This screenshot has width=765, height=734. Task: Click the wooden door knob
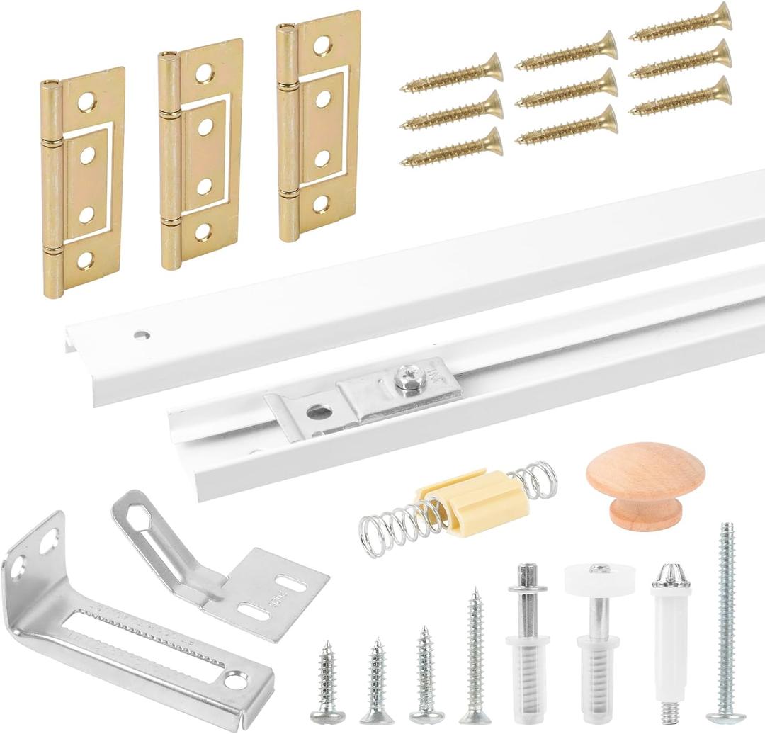coord(645,482)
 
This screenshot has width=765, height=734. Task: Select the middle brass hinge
coord(200,152)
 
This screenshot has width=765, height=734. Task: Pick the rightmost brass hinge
coord(318,124)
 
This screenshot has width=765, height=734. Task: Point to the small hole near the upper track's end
coord(143,334)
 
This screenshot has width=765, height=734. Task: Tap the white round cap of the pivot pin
coord(599,578)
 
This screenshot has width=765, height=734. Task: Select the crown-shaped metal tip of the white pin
coord(670,575)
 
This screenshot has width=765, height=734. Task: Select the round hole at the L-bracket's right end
coord(236,681)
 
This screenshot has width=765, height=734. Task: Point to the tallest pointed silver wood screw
coord(475,652)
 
